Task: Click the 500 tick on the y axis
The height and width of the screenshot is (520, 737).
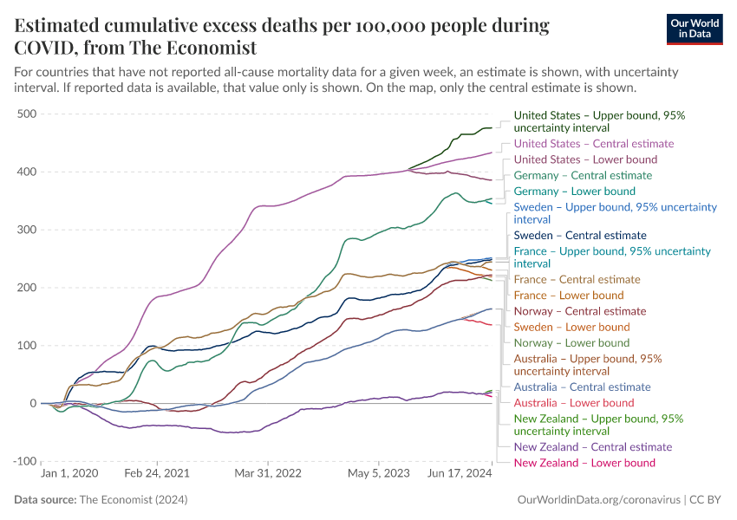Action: point(25,114)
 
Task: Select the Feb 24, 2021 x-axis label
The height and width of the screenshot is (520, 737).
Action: point(157,474)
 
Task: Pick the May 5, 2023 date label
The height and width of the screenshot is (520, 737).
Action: point(378,474)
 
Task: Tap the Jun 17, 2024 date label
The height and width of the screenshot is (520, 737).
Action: point(460,474)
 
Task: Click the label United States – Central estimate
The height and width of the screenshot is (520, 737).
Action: point(593,144)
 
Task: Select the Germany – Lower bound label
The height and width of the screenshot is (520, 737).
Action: point(574,192)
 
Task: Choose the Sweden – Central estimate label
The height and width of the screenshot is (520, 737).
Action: point(579,236)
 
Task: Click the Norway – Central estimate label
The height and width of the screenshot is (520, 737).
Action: point(579,311)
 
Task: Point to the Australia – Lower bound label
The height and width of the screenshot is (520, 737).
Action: point(573,403)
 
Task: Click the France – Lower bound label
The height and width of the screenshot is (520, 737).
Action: point(568,296)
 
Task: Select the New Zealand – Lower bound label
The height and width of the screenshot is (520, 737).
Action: point(584,463)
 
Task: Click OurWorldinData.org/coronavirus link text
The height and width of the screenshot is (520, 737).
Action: point(597,500)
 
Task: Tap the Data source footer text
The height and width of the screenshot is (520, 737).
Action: point(101,500)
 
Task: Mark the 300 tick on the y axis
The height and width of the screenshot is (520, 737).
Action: point(25,230)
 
